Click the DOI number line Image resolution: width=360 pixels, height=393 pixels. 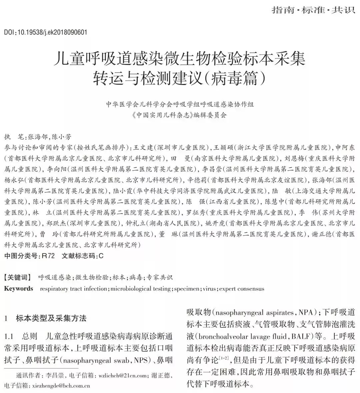pos(46,32)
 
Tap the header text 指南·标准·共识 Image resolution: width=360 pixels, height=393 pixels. pos(313,10)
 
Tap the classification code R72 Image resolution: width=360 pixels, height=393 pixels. pos(46,256)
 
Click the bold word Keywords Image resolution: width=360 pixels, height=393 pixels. pos(19,289)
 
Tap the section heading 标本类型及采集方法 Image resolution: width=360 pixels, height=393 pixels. pos(51,318)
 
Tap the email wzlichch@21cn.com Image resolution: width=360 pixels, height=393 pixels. pos(123,376)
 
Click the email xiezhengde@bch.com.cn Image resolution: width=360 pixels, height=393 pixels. pos(61,386)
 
